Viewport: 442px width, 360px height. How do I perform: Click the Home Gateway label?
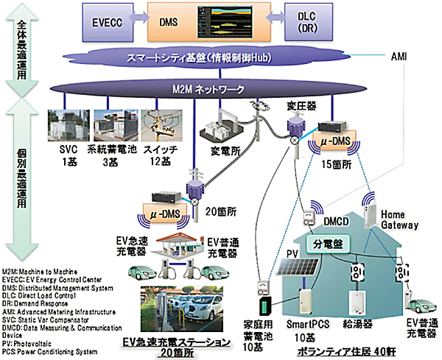(399, 219)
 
